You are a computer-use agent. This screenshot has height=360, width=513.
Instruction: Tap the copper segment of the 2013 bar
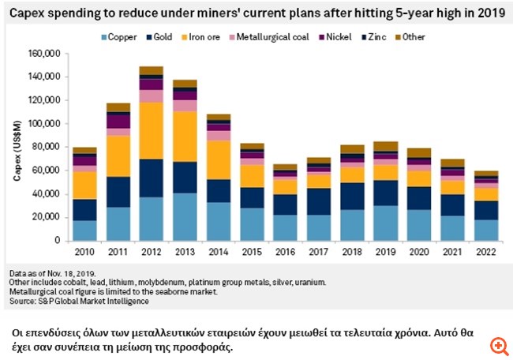pos(184,216)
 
